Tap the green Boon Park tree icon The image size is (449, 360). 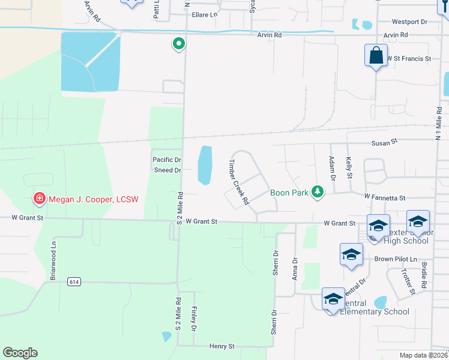tap(318, 192)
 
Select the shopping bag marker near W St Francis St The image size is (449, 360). tap(376, 56)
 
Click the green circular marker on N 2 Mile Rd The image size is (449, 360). tap(178, 44)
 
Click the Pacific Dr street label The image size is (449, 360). tap(166, 160)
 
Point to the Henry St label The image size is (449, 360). tap(221, 346)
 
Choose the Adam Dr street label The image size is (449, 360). tap(332, 169)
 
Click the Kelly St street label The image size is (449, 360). tap(349, 167)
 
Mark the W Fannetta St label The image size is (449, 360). tap(385, 197)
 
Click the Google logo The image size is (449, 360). tap(20, 353)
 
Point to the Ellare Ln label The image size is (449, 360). tap(204, 15)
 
